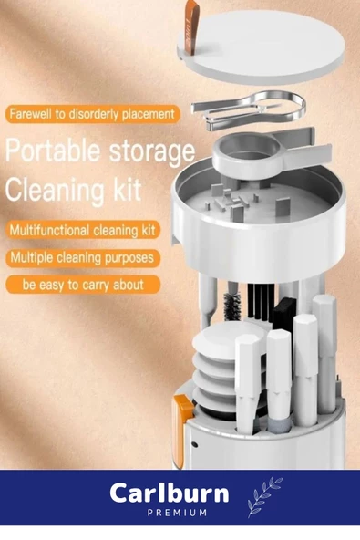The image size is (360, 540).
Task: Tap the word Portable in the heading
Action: click(x=53, y=151)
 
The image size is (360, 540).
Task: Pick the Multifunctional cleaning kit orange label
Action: click(x=83, y=230)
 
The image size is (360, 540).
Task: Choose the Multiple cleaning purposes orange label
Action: click(x=83, y=257)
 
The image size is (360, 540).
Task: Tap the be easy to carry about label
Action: click(x=83, y=285)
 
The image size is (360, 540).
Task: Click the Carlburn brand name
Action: click(x=170, y=493)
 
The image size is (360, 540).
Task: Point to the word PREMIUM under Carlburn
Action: click(x=177, y=513)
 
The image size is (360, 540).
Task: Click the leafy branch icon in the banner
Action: click(x=264, y=497)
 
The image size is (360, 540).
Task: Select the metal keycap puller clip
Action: click(x=249, y=111)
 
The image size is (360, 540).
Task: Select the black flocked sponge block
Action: click(x=284, y=313)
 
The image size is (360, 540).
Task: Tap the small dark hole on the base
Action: click(x=195, y=444)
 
